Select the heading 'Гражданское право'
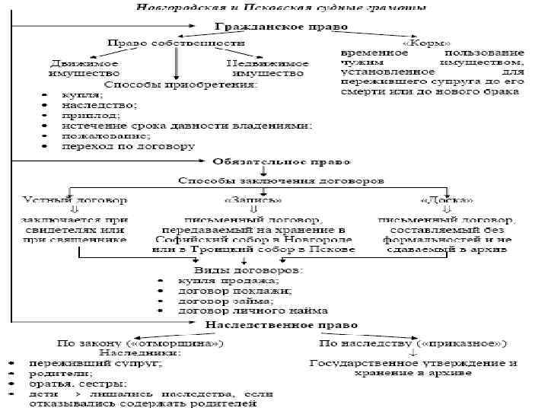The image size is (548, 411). (x=279, y=27)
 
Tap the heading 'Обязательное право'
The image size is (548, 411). (x=282, y=162)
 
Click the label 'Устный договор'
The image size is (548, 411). (x=75, y=200)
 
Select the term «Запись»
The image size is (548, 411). (x=253, y=200)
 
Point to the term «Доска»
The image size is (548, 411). (x=446, y=200)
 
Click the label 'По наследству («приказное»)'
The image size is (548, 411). (x=413, y=342)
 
